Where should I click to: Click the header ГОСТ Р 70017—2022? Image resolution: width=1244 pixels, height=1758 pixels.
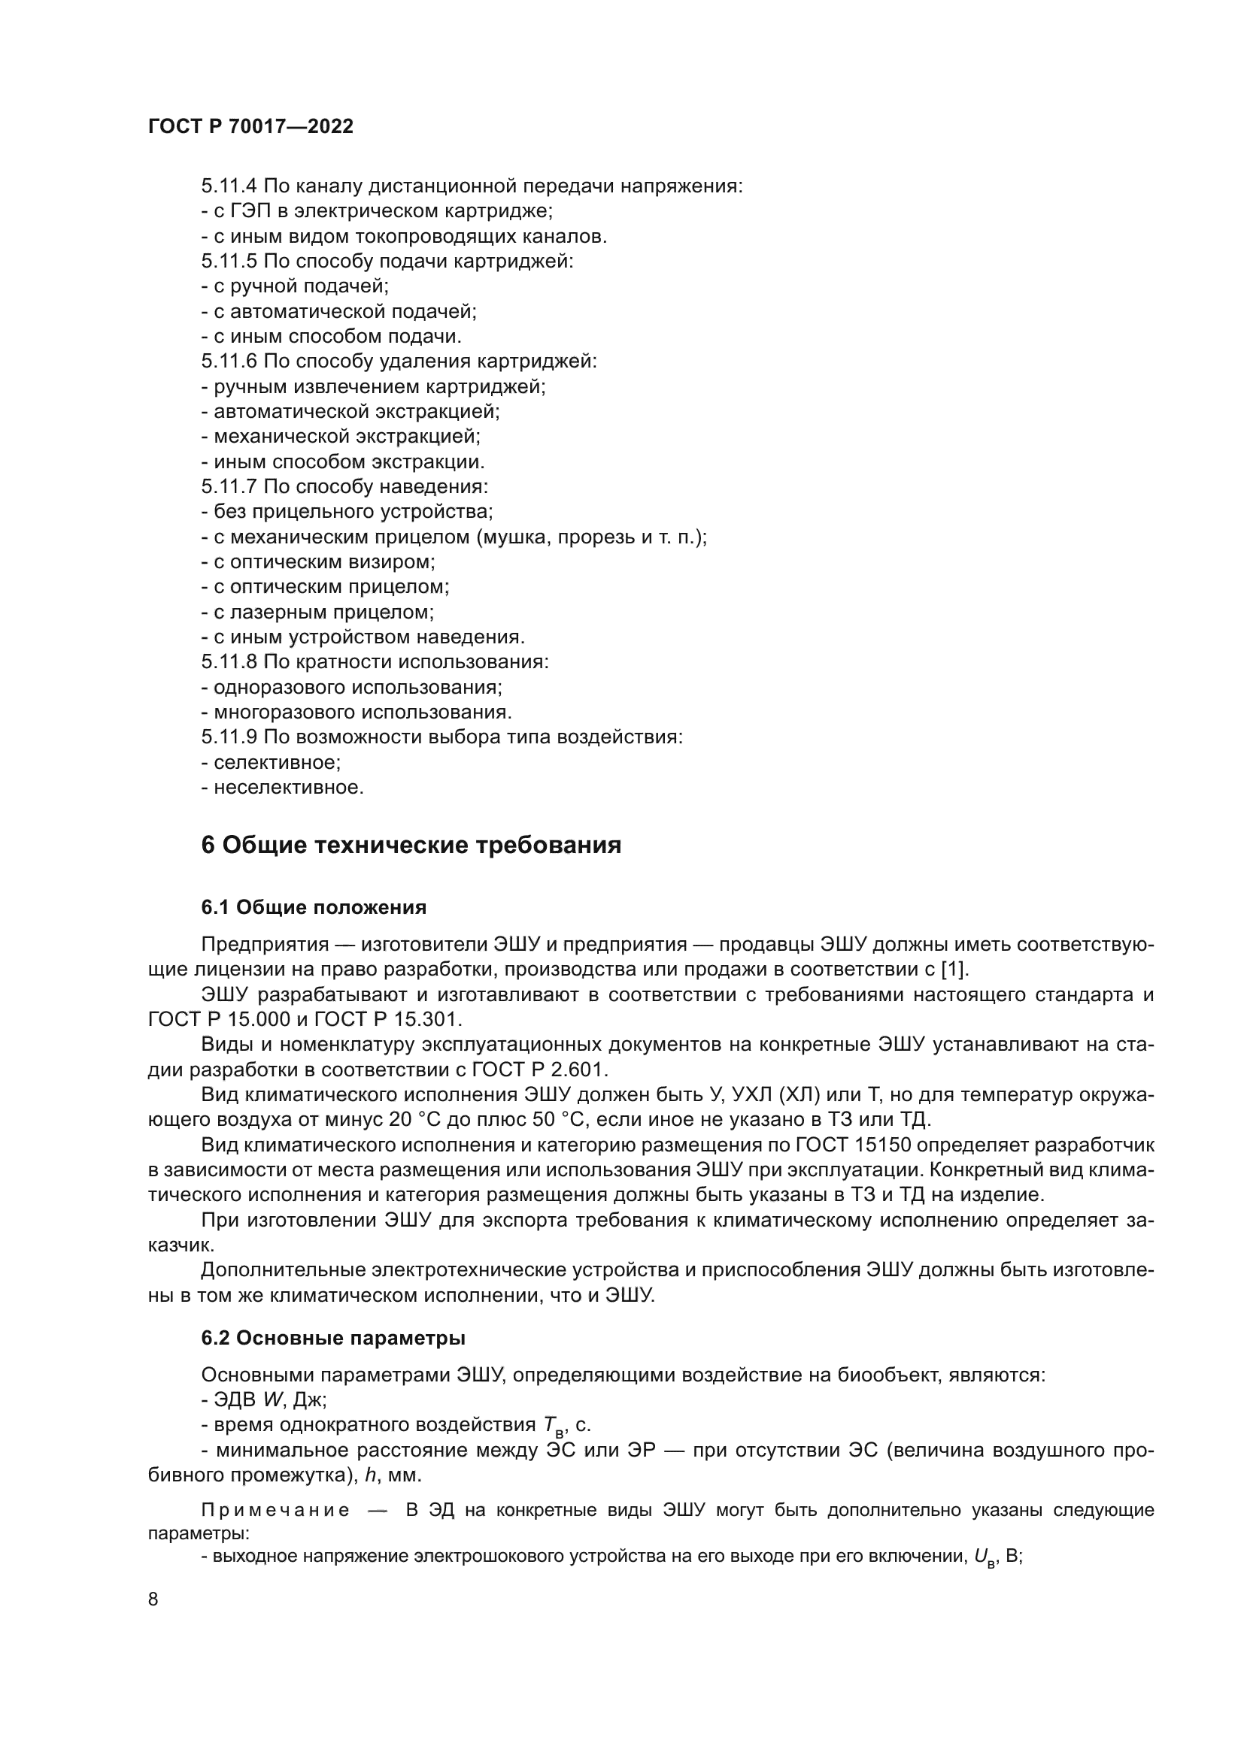click(250, 127)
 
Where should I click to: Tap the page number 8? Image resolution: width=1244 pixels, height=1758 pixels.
click(153, 1599)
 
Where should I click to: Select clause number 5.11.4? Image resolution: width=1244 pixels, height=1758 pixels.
click(229, 186)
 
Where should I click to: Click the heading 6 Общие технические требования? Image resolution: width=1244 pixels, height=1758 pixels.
click(411, 846)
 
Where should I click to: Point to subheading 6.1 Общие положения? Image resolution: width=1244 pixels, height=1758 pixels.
click(314, 907)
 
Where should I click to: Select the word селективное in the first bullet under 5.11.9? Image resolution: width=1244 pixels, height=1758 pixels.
click(277, 763)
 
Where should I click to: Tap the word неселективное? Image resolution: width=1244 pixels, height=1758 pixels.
click(288, 787)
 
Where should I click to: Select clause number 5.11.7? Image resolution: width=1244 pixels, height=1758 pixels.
click(229, 487)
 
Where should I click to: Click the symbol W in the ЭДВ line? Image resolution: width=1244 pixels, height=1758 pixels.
click(272, 1400)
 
